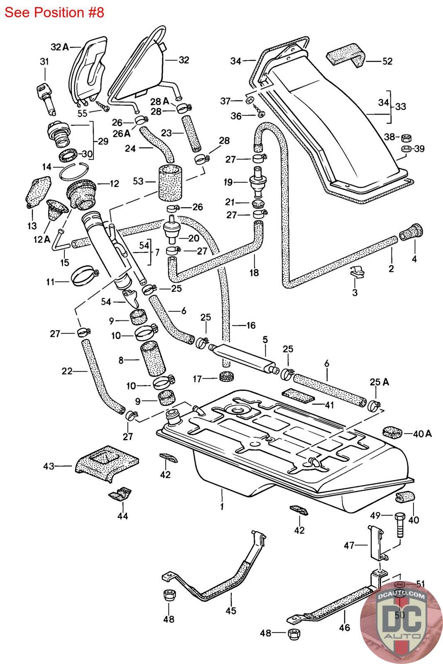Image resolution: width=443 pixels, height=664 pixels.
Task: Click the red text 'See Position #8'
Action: (54, 12)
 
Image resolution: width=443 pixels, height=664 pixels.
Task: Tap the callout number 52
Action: (387, 61)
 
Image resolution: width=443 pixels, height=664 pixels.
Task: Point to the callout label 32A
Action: (59, 47)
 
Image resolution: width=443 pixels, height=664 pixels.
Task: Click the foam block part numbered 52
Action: (345, 56)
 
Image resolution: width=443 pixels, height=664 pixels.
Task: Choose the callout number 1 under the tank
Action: (222, 507)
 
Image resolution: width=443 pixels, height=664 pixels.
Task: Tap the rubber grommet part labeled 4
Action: (411, 233)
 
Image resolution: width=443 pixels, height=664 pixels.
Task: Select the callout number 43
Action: (49, 466)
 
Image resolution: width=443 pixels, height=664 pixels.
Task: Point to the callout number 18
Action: (254, 273)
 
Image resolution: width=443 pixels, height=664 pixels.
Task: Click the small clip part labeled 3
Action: (357, 273)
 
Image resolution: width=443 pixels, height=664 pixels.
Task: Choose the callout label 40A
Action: (423, 434)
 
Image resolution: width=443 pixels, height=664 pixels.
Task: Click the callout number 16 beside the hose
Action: (250, 325)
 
